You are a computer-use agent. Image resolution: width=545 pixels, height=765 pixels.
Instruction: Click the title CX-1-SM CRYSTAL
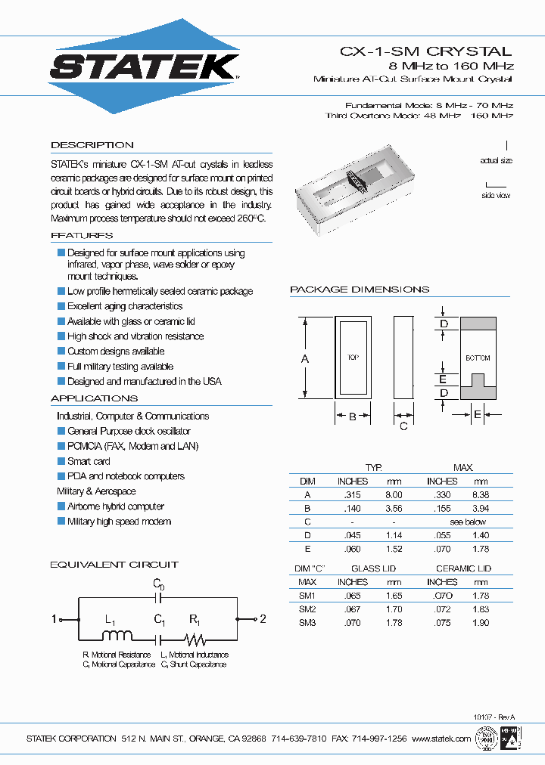coord(425,51)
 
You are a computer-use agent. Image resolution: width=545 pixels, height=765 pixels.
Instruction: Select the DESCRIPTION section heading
coord(92,145)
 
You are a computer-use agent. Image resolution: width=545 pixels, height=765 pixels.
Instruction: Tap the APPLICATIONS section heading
coord(94,398)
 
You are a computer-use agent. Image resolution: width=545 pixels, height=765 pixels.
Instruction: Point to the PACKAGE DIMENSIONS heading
coord(360,290)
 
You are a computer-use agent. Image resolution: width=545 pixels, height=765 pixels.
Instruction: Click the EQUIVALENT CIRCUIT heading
coord(114,565)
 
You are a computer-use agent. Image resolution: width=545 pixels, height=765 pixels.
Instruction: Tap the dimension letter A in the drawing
coord(305,359)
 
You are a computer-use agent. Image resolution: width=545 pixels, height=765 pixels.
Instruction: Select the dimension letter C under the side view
coord(403,426)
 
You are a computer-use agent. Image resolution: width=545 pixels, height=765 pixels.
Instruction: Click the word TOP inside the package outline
coord(353,358)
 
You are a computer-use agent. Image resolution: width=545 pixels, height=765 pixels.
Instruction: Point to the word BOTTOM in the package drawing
coord(478,358)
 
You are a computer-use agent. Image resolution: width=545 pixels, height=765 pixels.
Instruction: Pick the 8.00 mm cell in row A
coord(394,494)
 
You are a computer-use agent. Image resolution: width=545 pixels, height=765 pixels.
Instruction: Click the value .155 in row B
coord(441,508)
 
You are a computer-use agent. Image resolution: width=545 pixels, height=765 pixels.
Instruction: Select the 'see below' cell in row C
coord(468,522)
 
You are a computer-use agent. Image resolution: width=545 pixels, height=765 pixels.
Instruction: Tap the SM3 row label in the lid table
coord(307,623)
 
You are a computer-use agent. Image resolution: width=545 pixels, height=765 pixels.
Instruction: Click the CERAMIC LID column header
coord(463,568)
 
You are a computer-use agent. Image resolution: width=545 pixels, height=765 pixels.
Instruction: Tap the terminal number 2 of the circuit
coord(263,619)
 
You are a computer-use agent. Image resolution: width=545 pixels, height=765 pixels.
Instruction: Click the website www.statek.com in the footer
coord(442,739)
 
